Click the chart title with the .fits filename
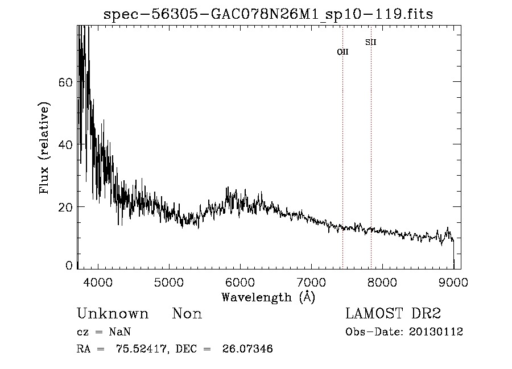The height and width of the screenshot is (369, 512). (x=269, y=14)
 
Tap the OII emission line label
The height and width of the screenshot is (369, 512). (x=342, y=52)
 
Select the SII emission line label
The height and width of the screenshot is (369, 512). (x=371, y=42)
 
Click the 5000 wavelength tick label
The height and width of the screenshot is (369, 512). (x=169, y=282)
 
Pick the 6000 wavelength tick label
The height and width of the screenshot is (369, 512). (x=240, y=282)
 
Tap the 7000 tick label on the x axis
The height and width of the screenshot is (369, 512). (x=311, y=282)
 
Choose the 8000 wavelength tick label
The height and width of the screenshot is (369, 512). (x=382, y=282)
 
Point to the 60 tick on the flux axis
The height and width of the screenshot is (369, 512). (x=65, y=82)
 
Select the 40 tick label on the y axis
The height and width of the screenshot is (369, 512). (x=65, y=144)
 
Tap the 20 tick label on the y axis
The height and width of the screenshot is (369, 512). (x=65, y=207)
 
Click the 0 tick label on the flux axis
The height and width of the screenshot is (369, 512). (x=69, y=266)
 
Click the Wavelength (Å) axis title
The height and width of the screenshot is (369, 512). (x=268, y=297)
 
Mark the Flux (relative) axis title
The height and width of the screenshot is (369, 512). (x=44, y=148)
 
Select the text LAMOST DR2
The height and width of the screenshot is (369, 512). (x=393, y=314)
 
